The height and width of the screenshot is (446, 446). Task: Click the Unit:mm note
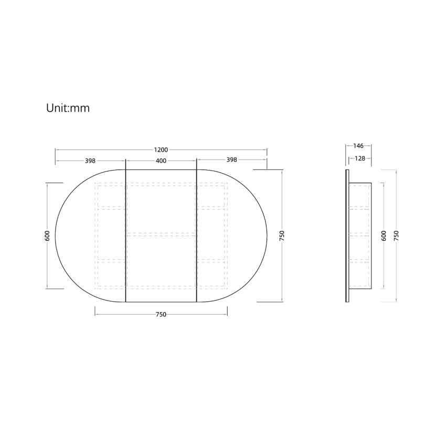[x=68, y=109]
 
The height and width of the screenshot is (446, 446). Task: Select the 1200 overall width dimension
[x=161, y=150]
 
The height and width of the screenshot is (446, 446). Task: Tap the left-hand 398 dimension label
[x=90, y=161]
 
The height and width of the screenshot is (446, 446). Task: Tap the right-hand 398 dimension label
[x=231, y=160]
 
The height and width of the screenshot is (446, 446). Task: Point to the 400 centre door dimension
[x=161, y=161]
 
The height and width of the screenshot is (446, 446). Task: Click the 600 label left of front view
[x=47, y=236]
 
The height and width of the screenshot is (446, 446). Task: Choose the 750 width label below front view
[x=161, y=314]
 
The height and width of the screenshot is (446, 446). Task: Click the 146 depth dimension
[x=358, y=146]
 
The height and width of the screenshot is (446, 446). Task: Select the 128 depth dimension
[x=360, y=158]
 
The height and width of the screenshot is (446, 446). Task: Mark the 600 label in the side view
[x=384, y=236]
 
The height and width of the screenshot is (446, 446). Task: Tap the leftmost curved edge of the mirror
[x=56, y=236]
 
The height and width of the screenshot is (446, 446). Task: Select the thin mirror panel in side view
[x=347, y=236]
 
